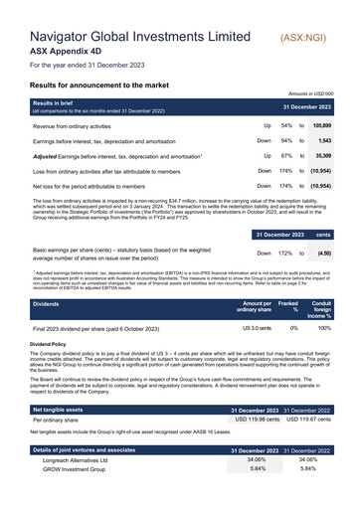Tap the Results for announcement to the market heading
click(115, 86)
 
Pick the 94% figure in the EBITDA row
click(286, 141)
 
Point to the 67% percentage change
click(286, 156)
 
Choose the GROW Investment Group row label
click(75, 499)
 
